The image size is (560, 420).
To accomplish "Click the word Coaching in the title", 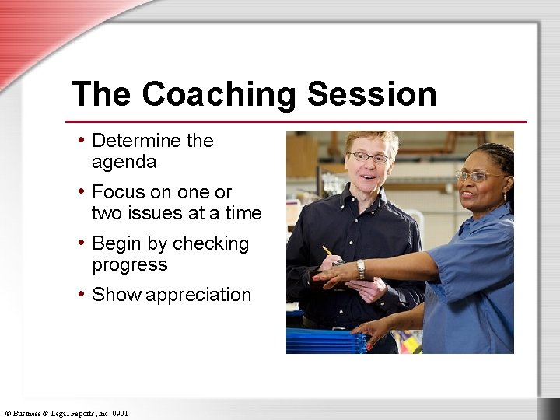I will [x=219, y=95].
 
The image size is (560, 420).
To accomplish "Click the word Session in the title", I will [x=372, y=95].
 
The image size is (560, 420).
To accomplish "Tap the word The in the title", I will [x=102, y=95].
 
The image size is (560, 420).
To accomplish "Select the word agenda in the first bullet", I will [x=124, y=163].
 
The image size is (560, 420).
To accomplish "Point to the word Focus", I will [x=117, y=192].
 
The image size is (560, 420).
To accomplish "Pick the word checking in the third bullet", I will [x=211, y=244].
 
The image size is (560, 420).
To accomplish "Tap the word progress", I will [x=129, y=265].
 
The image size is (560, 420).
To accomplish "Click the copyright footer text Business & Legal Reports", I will [x=66, y=414].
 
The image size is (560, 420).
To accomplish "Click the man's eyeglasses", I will [x=369, y=157].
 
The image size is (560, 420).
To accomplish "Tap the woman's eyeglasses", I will [x=476, y=177].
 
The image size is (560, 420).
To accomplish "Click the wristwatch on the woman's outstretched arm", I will [x=361, y=268].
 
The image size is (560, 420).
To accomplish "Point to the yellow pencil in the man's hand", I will [x=328, y=252].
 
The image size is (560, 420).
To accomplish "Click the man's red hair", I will [x=372, y=140].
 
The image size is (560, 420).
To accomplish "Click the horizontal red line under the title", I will [x=296, y=122].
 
